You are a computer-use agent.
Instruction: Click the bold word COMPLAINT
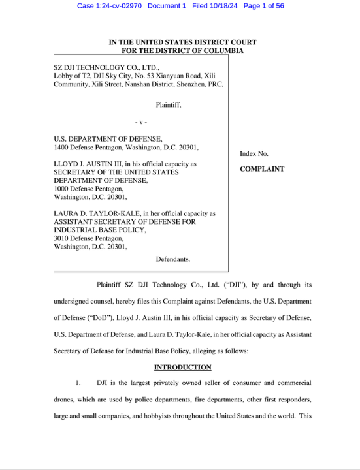262,169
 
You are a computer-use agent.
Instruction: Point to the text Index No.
255,153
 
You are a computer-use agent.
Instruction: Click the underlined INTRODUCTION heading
182,368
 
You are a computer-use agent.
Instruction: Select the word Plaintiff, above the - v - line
168,104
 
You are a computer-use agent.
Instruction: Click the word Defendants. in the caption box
172,259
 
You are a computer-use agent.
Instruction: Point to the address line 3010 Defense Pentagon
90,239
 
